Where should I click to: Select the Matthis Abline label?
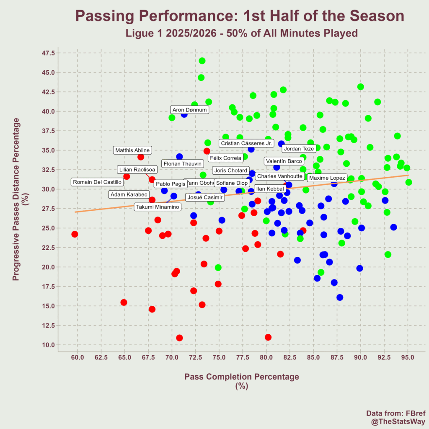[132, 150]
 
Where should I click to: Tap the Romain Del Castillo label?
[97, 182]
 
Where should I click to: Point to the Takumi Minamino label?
[158, 207]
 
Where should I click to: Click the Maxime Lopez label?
[327, 178]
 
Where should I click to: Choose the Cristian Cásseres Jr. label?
[246, 143]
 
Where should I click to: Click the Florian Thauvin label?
[183, 164]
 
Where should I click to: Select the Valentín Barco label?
[284, 161]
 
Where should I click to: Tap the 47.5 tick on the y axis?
[47, 53]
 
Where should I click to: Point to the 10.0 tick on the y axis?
[47, 345]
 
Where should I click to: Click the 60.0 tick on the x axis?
[78, 357]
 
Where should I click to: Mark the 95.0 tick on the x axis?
[408, 357]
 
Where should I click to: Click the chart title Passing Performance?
[240, 16]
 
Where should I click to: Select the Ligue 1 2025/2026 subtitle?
[242, 33]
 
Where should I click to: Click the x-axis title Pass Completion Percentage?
[242, 377]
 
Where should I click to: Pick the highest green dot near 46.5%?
[202, 61]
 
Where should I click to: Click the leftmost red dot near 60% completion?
[75, 234]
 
